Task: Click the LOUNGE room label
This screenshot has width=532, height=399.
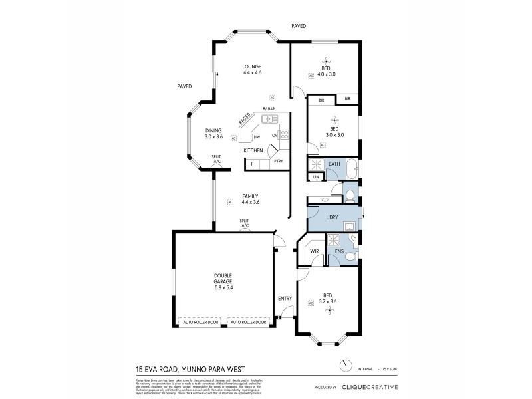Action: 251,66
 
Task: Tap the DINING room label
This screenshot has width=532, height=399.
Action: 213,130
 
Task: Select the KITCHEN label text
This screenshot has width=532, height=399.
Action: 253,151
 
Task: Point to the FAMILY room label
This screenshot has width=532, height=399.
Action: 250,196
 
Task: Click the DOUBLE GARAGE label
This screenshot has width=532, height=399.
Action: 223,278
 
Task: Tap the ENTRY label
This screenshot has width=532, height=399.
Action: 285,299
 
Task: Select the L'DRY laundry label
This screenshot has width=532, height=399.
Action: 332,218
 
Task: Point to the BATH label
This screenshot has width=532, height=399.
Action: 334,164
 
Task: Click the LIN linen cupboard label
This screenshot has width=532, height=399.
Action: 316,177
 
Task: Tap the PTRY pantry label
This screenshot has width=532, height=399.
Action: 279,162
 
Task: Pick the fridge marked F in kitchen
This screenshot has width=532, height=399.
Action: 252,163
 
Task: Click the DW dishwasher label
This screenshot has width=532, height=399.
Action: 257,137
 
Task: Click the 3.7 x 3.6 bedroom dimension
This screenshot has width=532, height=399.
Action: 328,301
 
